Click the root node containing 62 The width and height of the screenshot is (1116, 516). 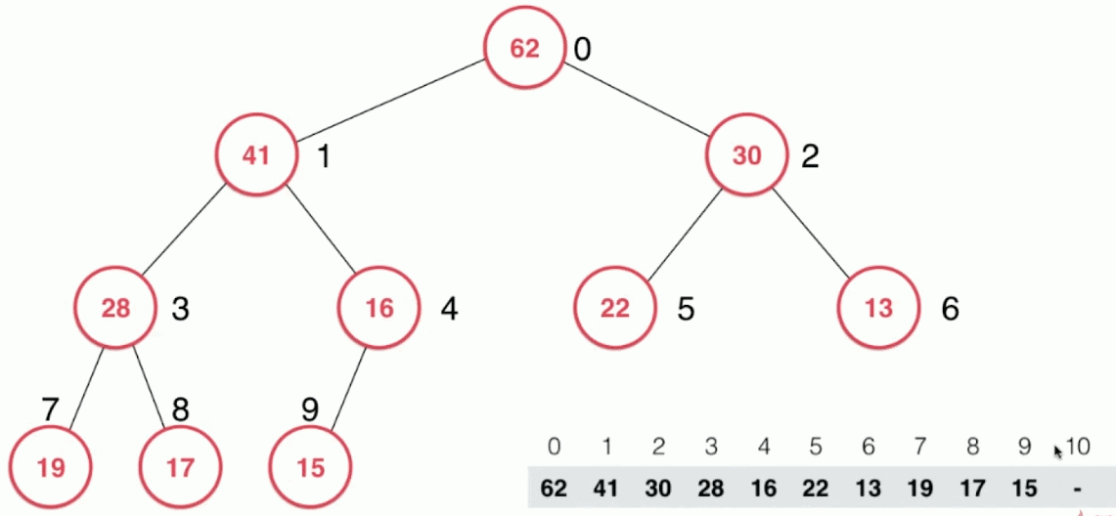[525, 49]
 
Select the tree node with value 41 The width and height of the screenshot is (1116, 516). [256, 155]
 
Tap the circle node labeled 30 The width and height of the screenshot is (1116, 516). [747, 155]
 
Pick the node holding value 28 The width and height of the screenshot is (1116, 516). [115, 309]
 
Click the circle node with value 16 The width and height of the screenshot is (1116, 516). [379, 309]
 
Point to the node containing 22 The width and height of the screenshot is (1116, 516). [615, 309]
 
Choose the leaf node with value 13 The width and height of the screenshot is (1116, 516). [878, 309]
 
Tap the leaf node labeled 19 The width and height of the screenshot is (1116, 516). [51, 467]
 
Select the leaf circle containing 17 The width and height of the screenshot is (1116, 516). [180, 467]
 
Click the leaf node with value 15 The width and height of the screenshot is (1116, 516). [310, 467]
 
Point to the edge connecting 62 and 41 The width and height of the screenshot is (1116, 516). [391, 102]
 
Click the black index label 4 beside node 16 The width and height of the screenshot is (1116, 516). [448, 310]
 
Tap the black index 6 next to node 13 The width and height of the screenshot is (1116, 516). [950, 310]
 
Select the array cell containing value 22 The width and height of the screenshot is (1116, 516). [817, 489]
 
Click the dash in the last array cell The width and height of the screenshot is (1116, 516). [1078, 489]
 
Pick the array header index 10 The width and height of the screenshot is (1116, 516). [1078, 448]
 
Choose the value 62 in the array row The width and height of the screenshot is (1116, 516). [554, 489]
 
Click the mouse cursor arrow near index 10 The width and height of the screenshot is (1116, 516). [1057, 451]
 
